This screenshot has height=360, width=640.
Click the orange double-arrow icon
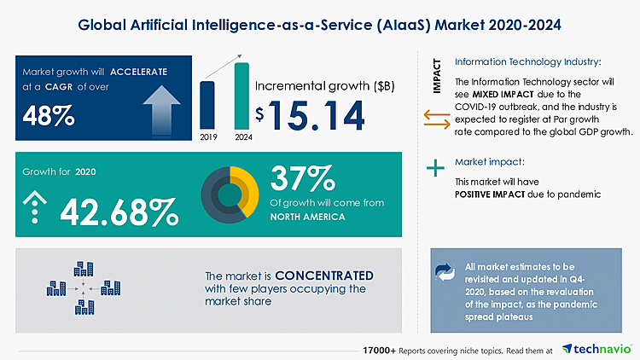(x=436, y=123)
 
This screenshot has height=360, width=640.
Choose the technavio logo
(x=595, y=349)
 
